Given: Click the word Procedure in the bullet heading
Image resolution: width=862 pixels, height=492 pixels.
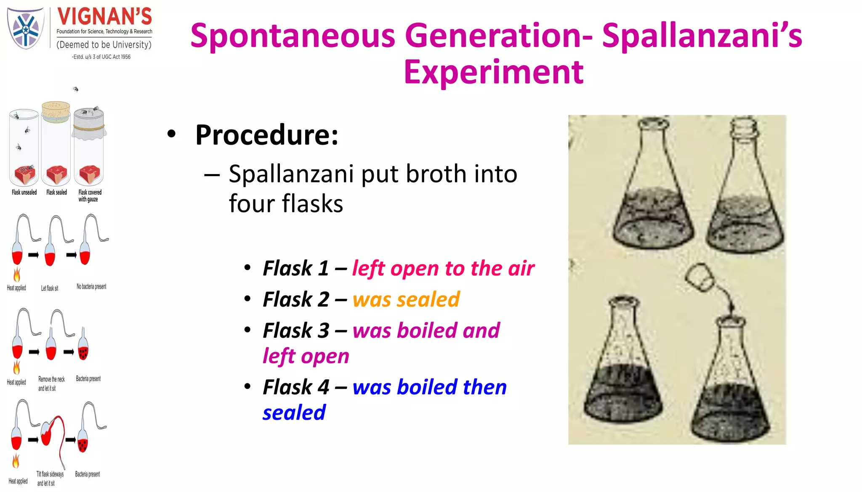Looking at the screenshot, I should (266, 135).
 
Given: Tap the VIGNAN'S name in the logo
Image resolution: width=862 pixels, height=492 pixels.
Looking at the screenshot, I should (104, 17).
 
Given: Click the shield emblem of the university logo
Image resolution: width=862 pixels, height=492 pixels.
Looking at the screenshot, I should (26, 28).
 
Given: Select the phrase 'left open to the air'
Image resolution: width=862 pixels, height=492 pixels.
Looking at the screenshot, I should (443, 268).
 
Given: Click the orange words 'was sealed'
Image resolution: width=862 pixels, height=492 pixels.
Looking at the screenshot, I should (406, 299).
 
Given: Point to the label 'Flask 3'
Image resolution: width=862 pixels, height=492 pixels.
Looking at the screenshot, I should (295, 331).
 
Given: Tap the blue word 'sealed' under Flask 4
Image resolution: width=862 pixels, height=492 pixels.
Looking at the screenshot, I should (294, 413).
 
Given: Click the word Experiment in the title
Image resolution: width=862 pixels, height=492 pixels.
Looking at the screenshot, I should (493, 72).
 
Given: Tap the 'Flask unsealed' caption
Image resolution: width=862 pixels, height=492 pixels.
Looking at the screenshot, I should (24, 193).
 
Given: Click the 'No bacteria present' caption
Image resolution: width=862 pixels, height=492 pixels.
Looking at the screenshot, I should (91, 287).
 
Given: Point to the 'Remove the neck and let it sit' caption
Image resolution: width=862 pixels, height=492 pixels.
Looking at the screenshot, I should (51, 384).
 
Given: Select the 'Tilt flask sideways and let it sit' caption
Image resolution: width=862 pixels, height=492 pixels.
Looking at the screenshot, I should (50, 479).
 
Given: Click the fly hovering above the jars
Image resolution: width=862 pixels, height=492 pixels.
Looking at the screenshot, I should (76, 89).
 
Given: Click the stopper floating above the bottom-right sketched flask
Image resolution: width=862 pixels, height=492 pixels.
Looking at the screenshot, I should (700, 276).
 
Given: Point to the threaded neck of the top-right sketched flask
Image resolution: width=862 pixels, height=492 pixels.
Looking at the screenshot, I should (744, 128).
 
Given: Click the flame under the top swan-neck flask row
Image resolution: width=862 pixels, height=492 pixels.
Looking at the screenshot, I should (17, 275).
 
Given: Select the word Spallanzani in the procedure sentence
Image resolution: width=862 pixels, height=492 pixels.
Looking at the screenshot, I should (291, 174).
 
